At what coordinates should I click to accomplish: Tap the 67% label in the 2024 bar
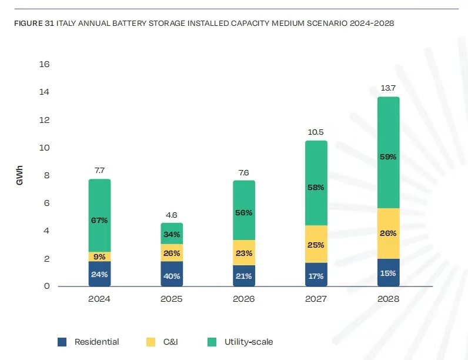coord(99,221)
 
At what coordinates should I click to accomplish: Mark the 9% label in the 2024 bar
coord(99,256)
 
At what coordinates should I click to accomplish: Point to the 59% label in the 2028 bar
coord(388,157)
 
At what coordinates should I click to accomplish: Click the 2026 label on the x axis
coord(243,299)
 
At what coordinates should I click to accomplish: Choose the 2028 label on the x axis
coord(388,299)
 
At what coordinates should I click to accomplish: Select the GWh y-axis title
coord(20,175)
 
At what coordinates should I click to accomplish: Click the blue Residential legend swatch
coord(62,342)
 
